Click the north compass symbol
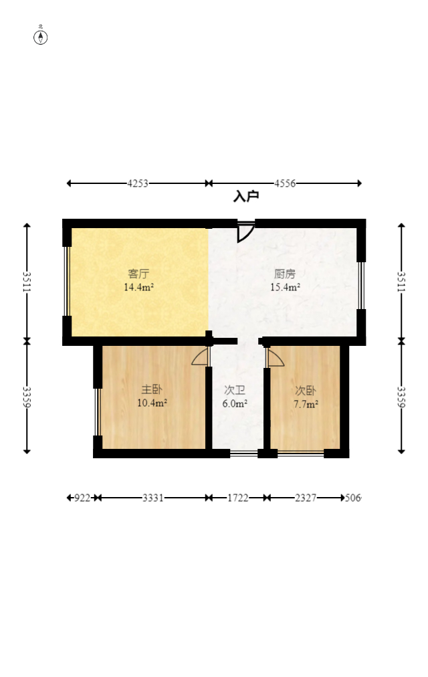pos(41,37)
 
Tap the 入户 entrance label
pos(246,197)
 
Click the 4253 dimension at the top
pos(138,183)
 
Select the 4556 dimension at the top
pos(286,183)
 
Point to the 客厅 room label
pos(138,274)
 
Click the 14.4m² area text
pos(138,288)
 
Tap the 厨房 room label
pos(285,274)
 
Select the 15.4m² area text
pos(285,288)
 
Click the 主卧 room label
pos(152,389)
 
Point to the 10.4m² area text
pos(152,403)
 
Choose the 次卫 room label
pos(235,390)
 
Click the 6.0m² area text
pos(235,403)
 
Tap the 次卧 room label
pos(306,390)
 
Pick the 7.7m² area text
pos(306,403)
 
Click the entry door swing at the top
pos(245,231)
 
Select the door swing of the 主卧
pos(201,357)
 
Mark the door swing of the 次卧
pos(274,358)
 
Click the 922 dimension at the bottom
pos(83,498)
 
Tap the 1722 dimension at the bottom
pos(237,498)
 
